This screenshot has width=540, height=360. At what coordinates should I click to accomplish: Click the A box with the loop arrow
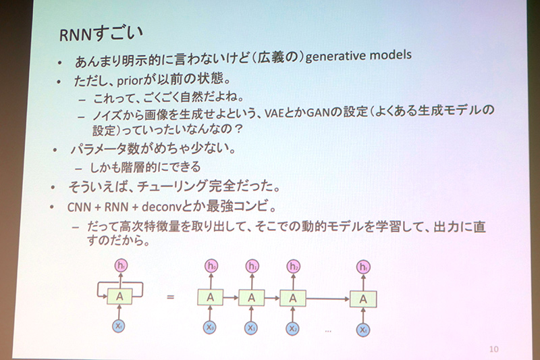(x=119, y=295)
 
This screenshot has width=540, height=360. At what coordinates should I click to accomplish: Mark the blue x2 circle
(x=292, y=329)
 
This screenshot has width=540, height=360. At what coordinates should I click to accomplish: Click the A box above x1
(x=251, y=297)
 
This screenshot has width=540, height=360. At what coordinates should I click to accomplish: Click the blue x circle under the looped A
(x=119, y=328)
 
